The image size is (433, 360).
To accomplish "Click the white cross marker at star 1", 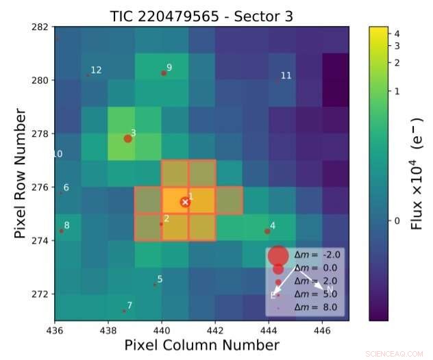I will [x=185, y=202].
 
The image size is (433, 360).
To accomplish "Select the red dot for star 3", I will [x=127, y=138].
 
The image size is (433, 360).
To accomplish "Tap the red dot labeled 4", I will [x=267, y=231].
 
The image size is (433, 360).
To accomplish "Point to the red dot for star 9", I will [x=164, y=73].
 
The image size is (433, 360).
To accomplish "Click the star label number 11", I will [x=286, y=75].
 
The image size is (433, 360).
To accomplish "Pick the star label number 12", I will [x=96, y=70].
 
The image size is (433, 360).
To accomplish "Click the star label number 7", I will [x=129, y=305].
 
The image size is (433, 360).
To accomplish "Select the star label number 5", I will [x=160, y=279].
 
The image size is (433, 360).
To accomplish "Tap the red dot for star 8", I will [x=61, y=231].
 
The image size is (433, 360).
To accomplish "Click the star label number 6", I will [x=66, y=188].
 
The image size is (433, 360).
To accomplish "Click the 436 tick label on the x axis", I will [x=55, y=329].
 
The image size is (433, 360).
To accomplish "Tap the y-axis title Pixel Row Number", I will [x=20, y=175].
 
